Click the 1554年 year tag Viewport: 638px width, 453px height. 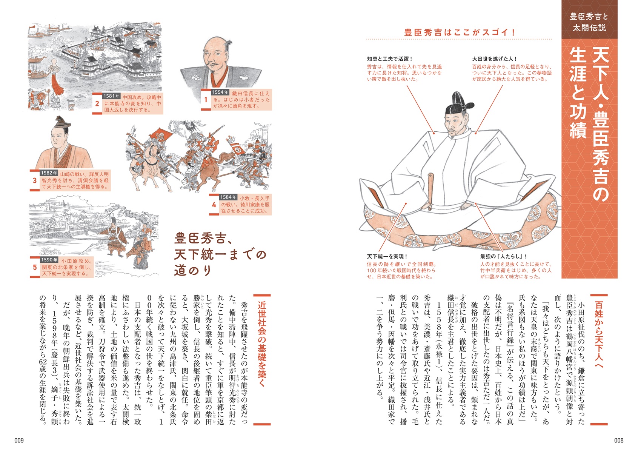[220, 92]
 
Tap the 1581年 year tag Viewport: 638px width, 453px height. [112, 96]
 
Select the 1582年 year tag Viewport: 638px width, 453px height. [49, 173]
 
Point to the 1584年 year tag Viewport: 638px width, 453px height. [228, 197]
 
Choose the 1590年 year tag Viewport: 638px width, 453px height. [49, 260]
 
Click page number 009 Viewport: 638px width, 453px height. [19, 440]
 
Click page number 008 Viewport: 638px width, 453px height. [619, 440]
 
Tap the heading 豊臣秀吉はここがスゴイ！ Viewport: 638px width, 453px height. [460, 32]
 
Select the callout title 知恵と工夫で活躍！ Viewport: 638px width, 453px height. [390, 59]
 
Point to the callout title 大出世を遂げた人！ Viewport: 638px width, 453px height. [495, 59]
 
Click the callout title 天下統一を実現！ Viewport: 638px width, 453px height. [387, 256]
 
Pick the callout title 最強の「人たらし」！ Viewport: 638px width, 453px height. [504, 256]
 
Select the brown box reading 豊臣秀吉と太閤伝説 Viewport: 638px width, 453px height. [589, 22]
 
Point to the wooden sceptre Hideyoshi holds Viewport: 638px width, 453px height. [430, 191]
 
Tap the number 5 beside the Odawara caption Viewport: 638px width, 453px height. [35, 267]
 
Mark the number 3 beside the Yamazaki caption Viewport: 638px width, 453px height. [35, 180]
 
